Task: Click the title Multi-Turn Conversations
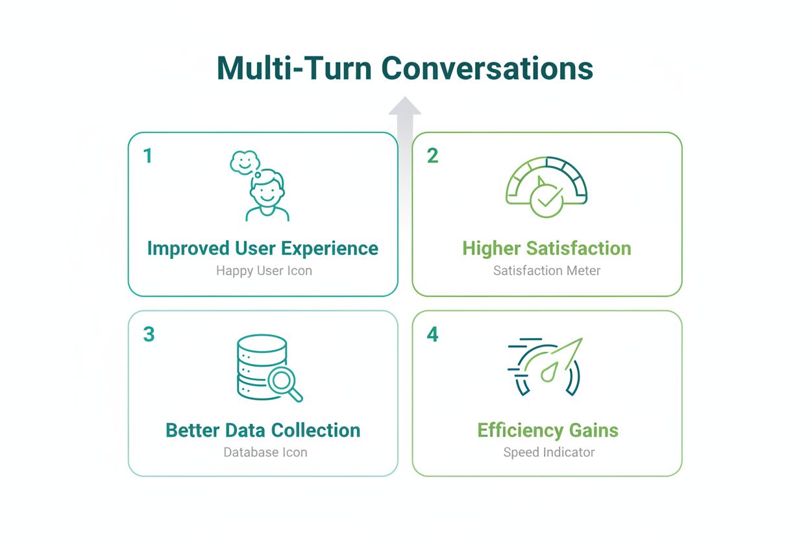coord(404,68)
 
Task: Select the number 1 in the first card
coord(148,156)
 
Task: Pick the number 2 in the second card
coord(432,156)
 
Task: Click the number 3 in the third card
coord(149,334)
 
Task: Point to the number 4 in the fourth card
coord(432,334)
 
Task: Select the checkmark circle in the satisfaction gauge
coord(546,201)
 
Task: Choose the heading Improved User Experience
coord(263,249)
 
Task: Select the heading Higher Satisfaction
coord(546,249)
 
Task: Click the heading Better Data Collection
coord(263,430)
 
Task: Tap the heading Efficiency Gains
coord(548,430)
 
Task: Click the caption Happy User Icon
coord(264,271)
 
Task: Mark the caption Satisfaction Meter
coord(546,271)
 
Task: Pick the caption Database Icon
coord(265,452)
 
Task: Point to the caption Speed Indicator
coord(548,452)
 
